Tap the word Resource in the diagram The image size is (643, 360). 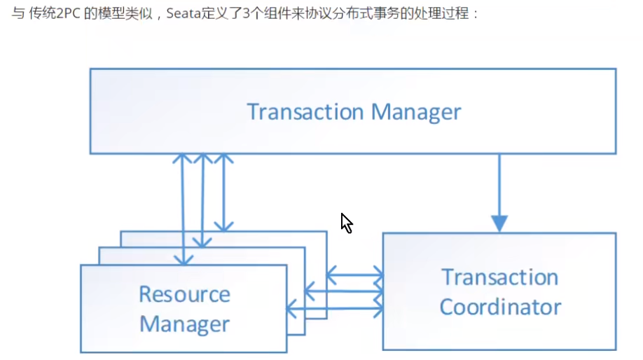tap(184, 294)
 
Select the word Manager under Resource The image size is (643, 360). tap(184, 324)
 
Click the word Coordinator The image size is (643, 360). tap(500, 307)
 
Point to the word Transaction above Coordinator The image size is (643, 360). tap(499, 277)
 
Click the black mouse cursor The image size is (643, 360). tap(346, 223)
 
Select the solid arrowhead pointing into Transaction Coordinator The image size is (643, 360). tap(499, 223)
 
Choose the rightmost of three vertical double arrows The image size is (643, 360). tap(223, 192)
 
